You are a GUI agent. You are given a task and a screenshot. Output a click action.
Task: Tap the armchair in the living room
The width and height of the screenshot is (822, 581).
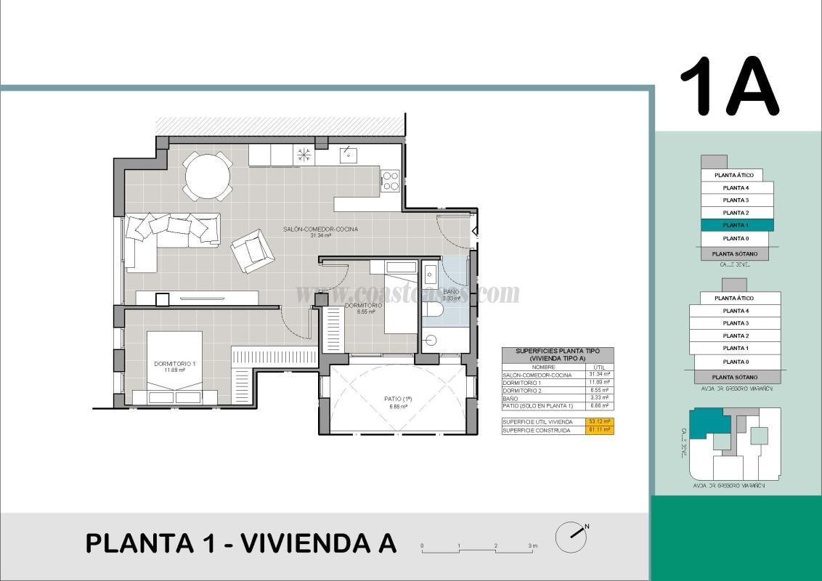pyautogui.click(x=252, y=250)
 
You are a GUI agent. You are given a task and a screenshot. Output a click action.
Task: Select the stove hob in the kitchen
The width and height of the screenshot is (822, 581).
pyautogui.click(x=390, y=180)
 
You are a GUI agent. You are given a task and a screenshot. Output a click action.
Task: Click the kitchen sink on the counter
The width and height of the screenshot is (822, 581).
pyautogui.click(x=349, y=155)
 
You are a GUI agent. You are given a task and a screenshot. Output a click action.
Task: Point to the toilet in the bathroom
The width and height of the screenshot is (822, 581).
pyautogui.click(x=434, y=310)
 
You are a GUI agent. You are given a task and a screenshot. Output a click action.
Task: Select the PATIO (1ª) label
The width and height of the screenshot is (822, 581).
pyautogui.click(x=398, y=399)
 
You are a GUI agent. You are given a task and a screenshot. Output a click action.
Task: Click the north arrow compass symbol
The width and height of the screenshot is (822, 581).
pyautogui.click(x=571, y=537)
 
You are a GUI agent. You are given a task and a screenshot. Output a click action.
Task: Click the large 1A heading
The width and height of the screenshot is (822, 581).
pyautogui.click(x=729, y=86)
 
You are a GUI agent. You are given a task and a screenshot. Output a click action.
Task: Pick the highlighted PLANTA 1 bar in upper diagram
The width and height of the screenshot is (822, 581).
pyautogui.click(x=736, y=225)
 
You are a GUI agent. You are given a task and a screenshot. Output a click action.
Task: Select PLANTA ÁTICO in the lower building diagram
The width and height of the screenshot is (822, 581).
pyautogui.click(x=733, y=298)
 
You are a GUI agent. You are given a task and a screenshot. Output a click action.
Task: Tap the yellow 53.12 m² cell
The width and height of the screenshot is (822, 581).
pyautogui.click(x=599, y=421)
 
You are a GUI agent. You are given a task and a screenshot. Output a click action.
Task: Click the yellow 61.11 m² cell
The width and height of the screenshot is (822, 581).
pyautogui.click(x=599, y=430)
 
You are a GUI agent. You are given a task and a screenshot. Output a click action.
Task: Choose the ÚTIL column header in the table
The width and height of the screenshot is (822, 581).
pyautogui.click(x=599, y=367)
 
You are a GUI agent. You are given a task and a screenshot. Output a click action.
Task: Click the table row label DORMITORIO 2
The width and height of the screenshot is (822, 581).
pyautogui.click(x=522, y=391)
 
